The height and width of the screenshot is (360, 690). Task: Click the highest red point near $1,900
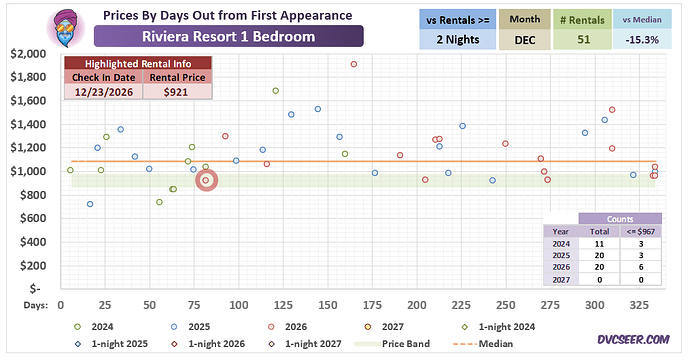354,64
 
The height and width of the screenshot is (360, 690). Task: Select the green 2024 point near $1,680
276,91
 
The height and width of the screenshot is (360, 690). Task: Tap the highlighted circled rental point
206,180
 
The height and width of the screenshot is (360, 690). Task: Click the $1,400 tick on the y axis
29,125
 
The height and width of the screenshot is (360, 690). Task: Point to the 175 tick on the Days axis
372,305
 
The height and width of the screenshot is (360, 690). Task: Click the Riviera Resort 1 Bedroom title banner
229,36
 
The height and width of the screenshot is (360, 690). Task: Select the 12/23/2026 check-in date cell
103,92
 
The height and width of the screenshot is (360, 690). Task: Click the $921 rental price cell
176,92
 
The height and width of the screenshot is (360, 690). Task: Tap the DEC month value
525,40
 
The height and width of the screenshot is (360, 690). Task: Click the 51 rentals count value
583,40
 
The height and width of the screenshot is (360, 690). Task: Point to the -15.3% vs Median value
642,40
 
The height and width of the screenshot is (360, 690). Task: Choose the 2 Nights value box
458,40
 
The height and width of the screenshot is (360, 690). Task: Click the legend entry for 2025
191,327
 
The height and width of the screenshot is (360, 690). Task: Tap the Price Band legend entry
392,344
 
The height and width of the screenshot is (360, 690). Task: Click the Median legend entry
482,344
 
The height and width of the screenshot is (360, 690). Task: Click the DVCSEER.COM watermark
633,340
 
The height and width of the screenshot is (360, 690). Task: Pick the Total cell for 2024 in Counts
599,244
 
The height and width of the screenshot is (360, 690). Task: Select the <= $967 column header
641,231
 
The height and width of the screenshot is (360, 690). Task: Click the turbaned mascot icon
66,28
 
